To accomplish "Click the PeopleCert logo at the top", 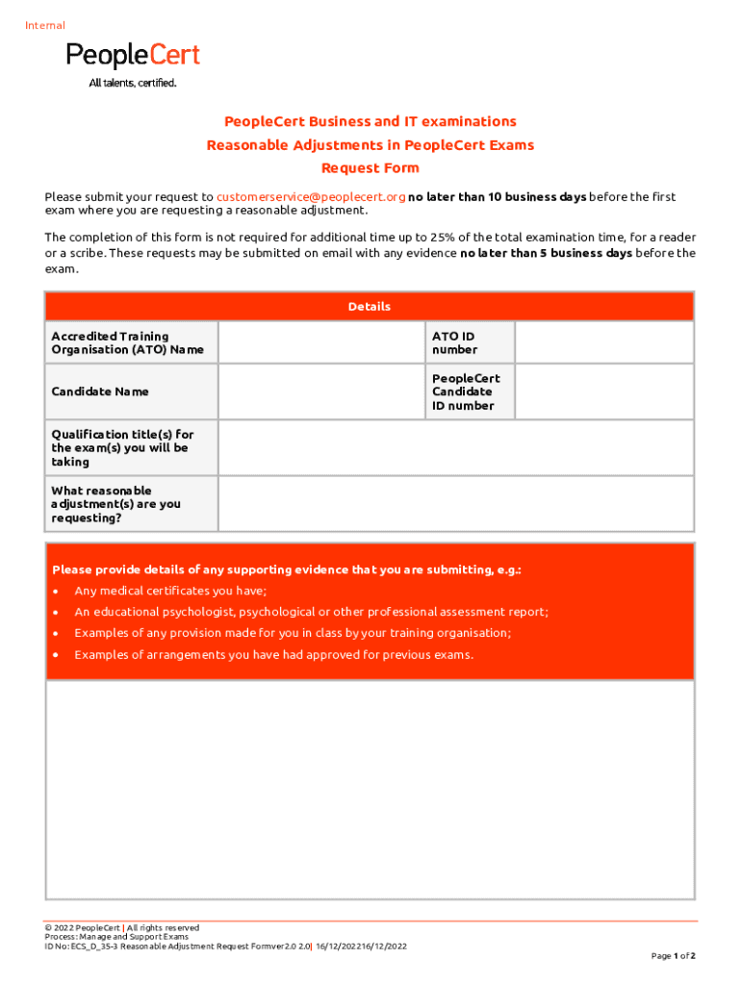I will (x=133, y=63).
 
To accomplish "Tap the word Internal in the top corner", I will (x=45, y=26).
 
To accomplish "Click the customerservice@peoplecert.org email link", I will (x=311, y=197).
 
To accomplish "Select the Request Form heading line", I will (x=370, y=168).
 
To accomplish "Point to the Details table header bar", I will (x=370, y=307).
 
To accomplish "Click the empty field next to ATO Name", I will (x=321, y=342).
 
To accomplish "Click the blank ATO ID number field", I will (x=603, y=342).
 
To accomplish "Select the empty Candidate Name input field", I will (x=321, y=391).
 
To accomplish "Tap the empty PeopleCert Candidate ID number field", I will (x=603, y=391).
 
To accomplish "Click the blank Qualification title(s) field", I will (x=455, y=448).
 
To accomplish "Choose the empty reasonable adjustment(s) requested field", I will (x=455, y=504).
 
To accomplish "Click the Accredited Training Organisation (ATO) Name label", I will (x=128, y=342).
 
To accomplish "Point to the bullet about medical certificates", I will (x=170, y=591).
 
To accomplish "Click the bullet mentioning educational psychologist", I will (x=311, y=612).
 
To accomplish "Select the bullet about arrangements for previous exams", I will (x=273, y=655).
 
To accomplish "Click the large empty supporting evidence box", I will (x=370, y=789).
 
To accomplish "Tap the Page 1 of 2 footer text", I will (x=673, y=956).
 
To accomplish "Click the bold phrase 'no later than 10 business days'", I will (x=498, y=197).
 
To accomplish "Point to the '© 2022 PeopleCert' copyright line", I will (x=121, y=928).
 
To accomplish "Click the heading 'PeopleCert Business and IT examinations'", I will (x=370, y=122).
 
